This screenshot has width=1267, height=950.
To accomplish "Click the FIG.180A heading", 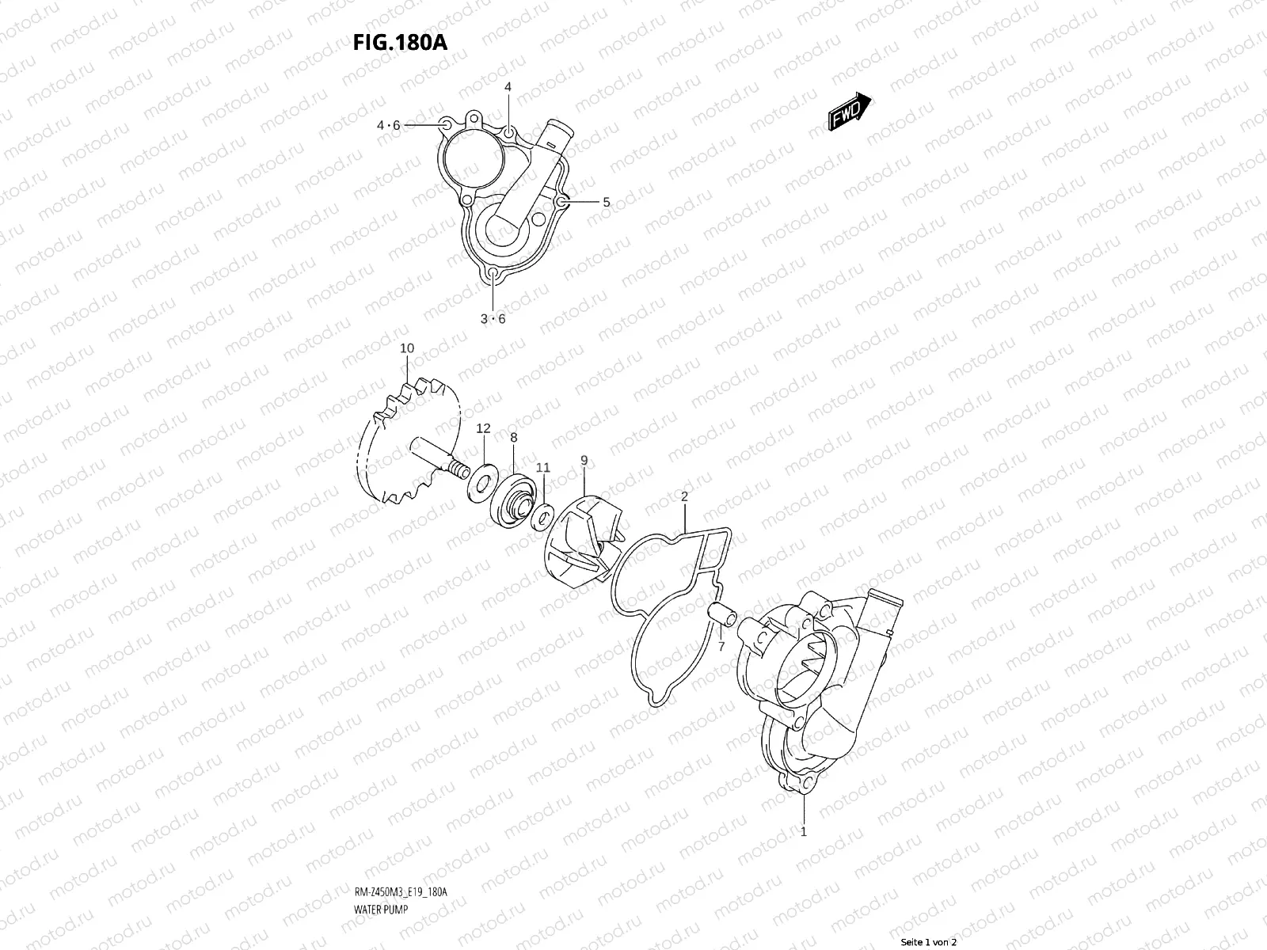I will coord(400,42).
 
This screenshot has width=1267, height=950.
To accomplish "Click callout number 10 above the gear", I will coord(407,348).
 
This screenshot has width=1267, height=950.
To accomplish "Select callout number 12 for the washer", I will coord(483,428).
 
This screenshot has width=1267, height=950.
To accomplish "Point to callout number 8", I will coord(513,437).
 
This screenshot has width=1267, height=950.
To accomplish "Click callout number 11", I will coord(543,468).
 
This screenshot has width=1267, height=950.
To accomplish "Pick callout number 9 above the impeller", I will coord(584,460).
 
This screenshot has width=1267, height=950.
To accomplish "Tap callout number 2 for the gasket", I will coord(684,496).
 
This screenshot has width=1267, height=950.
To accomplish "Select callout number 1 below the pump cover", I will coord(804,831).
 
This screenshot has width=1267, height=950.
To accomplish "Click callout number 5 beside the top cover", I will coord(606,202).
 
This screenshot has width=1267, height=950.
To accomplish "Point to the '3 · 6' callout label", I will coord(493,319).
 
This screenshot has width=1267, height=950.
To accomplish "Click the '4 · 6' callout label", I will coord(388,125).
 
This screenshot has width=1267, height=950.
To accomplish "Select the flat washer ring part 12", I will coord(480,482).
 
